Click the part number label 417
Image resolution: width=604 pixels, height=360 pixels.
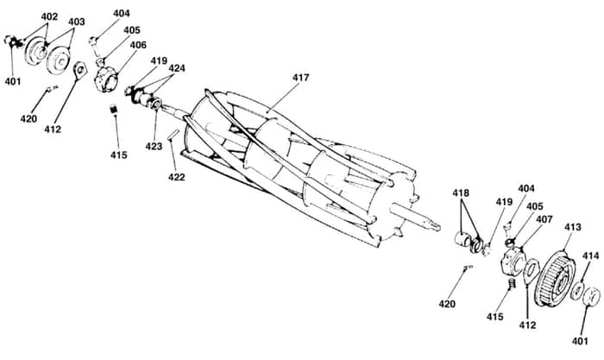pos(300,78)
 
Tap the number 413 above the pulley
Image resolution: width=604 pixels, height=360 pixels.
pos(572,227)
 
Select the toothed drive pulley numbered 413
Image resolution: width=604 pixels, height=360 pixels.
pos(555,278)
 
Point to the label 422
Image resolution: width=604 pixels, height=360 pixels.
pos(176,177)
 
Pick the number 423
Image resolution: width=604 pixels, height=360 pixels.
pos(154,146)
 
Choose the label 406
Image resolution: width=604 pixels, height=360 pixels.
pos(138,45)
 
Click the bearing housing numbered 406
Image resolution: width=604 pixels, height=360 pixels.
pos(106,79)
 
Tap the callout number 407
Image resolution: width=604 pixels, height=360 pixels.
pos(544,219)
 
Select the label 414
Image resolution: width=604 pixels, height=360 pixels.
pos(590,256)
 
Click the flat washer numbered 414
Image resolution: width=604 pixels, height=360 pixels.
pos(576,291)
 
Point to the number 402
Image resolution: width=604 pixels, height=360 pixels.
pos(49,16)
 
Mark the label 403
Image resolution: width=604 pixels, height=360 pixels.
pos(76,22)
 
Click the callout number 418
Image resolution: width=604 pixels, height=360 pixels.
pos(461,193)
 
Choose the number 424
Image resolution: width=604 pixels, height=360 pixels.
pos(177,68)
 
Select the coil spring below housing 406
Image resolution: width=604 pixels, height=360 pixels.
pos(113,109)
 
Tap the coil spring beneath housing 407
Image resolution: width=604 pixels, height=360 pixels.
pos(512,284)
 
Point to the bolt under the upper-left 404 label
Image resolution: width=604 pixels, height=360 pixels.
pos(94,45)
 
